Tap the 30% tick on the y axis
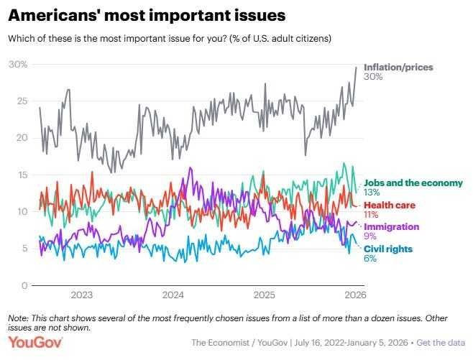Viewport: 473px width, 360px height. pyautogui.click(x=18, y=65)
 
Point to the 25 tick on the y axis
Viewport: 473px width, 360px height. pyautogui.click(x=22, y=101)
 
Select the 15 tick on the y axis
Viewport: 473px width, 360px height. pyautogui.click(x=22, y=175)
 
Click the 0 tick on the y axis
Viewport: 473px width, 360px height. pyautogui.click(x=24, y=285)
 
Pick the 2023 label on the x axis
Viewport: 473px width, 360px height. pyautogui.click(x=81, y=295)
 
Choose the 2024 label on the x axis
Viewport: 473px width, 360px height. pyautogui.click(x=173, y=295)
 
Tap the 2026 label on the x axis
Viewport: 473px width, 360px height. pyautogui.click(x=354, y=295)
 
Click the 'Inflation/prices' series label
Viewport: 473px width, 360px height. pyautogui.click(x=399, y=68)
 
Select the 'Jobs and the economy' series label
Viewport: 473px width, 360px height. pyautogui.click(x=413, y=183)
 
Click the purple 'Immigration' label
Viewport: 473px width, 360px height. pyautogui.click(x=392, y=227)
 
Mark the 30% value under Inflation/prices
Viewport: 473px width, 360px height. pyautogui.click(x=373, y=77)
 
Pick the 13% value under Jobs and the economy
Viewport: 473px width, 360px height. pyautogui.click(x=372, y=193)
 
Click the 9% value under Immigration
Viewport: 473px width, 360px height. pyautogui.click(x=370, y=236)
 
